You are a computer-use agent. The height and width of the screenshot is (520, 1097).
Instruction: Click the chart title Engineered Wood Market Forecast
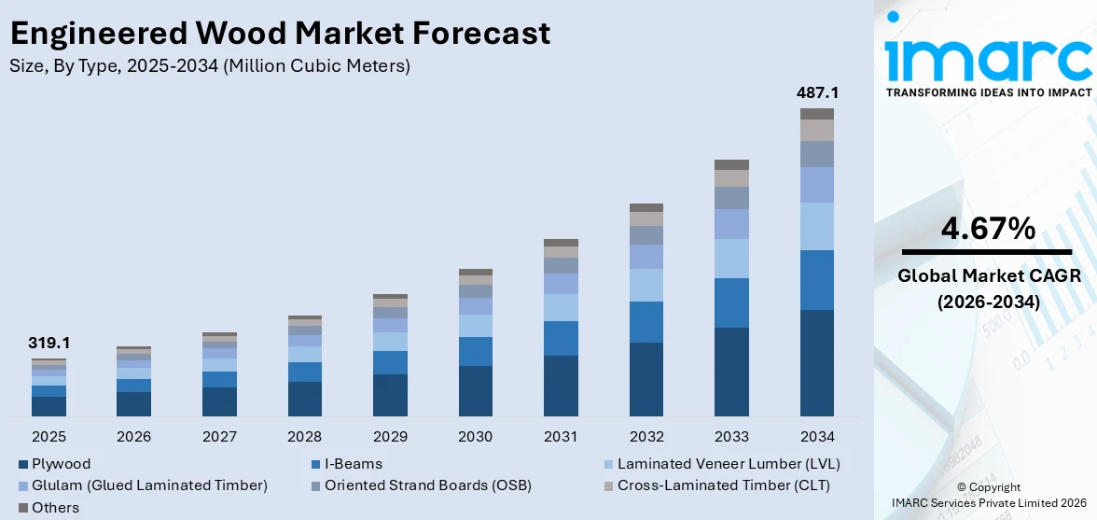click(x=280, y=34)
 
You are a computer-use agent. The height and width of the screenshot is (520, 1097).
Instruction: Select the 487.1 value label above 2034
click(x=816, y=93)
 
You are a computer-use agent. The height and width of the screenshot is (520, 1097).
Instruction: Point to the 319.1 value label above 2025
click(x=49, y=343)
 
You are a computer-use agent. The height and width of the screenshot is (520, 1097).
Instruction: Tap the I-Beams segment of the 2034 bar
click(x=816, y=279)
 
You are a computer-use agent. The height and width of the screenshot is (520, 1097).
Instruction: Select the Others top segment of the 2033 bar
click(x=731, y=164)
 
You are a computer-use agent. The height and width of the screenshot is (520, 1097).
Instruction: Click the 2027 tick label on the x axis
click(x=219, y=436)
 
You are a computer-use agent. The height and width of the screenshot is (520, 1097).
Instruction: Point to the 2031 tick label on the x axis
click(x=561, y=436)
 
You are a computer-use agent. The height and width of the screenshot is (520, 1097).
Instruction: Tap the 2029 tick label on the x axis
click(x=390, y=436)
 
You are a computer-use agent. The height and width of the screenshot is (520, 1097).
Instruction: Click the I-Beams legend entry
click(x=353, y=463)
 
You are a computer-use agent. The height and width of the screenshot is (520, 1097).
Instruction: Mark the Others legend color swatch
click(x=22, y=508)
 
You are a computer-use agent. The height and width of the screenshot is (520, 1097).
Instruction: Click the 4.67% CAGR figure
click(x=988, y=228)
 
